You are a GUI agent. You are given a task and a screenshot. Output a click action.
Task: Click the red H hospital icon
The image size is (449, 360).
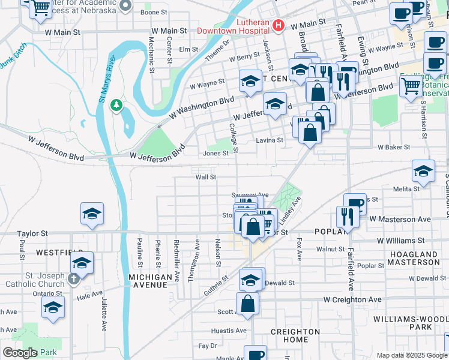pos(278,25)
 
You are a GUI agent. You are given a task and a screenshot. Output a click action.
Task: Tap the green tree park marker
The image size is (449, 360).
pos(116,106)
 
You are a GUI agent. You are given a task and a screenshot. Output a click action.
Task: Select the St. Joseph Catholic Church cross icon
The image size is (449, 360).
pos(73,278)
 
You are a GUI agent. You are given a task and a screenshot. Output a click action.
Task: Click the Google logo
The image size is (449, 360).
pos(20,353)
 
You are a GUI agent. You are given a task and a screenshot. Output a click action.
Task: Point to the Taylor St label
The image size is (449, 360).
pos(32,233)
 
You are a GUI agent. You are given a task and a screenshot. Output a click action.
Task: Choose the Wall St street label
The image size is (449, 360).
pos(205,177)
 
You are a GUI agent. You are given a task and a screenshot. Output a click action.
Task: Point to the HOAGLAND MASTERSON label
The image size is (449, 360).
pos(414,258)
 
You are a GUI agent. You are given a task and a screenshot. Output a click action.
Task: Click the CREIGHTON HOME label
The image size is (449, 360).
pos(295,335)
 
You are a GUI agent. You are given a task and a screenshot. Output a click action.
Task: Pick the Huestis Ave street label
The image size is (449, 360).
pos(229,331)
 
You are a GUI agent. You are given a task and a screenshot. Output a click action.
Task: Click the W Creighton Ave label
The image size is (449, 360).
pos(352,299)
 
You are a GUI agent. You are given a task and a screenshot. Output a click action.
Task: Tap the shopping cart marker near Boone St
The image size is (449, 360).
pos(41,8)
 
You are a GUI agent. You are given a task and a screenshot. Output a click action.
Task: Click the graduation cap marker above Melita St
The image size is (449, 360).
pos(423,172)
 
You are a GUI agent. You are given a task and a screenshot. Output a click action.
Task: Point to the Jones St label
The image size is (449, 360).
pos(215,153)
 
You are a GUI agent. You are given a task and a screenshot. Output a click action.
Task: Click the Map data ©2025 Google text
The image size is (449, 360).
pos(412,355)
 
